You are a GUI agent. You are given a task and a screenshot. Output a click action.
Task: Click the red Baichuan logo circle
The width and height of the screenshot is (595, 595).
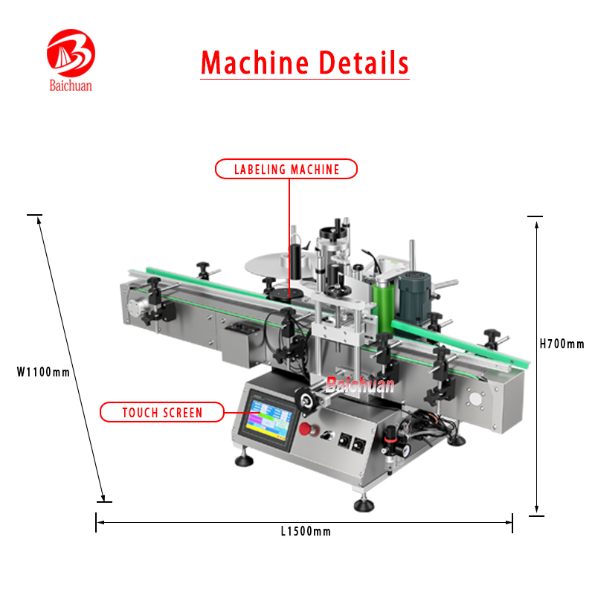coord(71,54)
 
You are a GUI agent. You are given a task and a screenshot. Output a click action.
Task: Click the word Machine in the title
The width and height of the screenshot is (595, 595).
coord(254,62)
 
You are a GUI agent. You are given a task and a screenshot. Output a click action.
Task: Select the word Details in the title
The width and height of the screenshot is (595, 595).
coord(364,62)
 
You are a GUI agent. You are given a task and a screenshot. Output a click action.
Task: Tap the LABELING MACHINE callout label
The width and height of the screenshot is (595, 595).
coord(286,170)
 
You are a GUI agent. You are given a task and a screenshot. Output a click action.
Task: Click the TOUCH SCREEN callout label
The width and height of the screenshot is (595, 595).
coord(162,412)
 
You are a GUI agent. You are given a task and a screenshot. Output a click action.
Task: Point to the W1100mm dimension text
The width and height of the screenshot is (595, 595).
coord(43,372)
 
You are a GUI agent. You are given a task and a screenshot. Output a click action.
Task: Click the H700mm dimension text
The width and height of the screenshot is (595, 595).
coord(562,344)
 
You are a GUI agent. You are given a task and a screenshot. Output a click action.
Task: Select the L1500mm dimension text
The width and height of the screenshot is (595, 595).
coord(306,531)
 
